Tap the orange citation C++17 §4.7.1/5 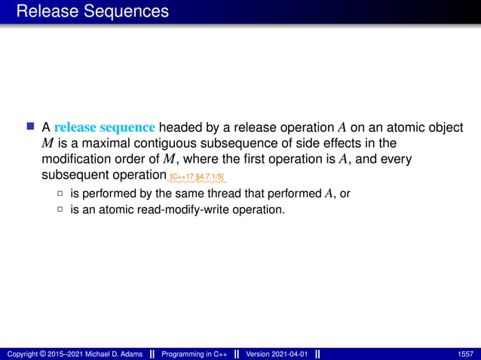tap(196, 178)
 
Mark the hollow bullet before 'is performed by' tap(60, 194)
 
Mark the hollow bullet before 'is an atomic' tap(60, 209)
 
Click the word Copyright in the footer tap(22, 354)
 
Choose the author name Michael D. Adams tap(111, 354)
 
